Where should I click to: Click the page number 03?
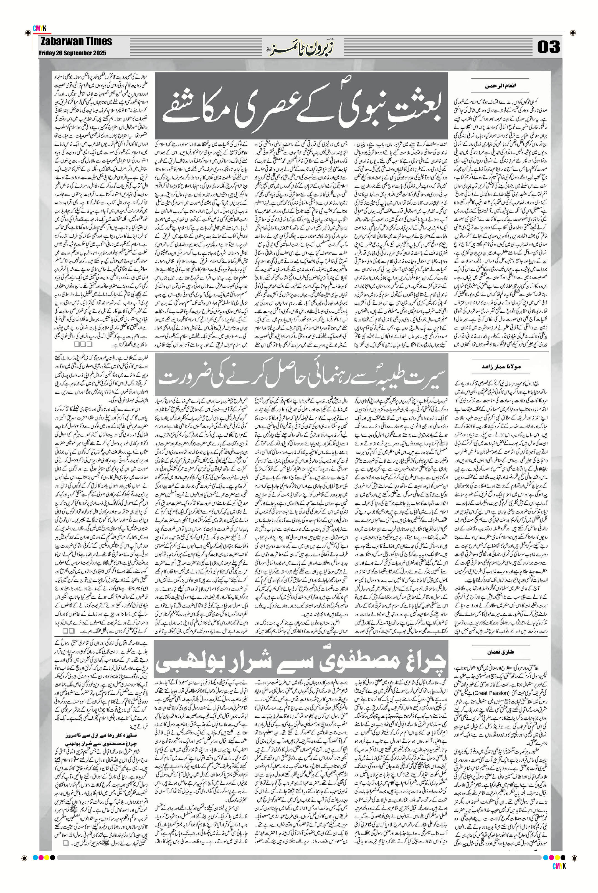click(x=549, y=47)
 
